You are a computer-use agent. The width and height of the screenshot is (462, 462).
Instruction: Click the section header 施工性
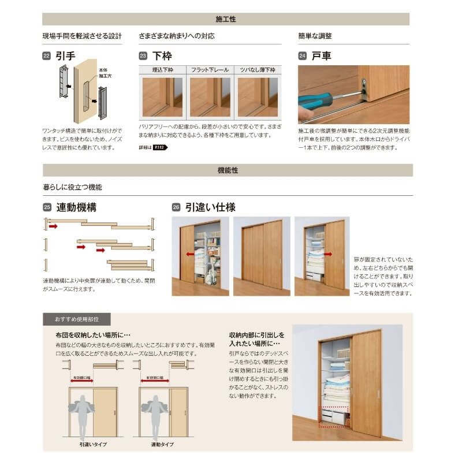[x=226, y=19]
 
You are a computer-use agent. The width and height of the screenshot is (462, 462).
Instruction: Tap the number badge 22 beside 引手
[x=46, y=56]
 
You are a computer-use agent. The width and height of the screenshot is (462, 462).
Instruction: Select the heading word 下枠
[x=162, y=56]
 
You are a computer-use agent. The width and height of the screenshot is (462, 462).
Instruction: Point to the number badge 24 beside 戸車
[x=302, y=56]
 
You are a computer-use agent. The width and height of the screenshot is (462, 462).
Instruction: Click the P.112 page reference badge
[x=159, y=147]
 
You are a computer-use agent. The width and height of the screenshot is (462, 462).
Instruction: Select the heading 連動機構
[x=76, y=207]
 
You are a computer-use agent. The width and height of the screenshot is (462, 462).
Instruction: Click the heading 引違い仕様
[x=210, y=207]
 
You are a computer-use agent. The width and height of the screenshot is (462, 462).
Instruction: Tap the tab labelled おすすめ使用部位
[x=76, y=319]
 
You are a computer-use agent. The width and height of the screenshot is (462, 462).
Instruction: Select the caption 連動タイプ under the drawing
[x=163, y=445]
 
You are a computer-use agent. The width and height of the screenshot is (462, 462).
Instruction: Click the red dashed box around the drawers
[x=334, y=416]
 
